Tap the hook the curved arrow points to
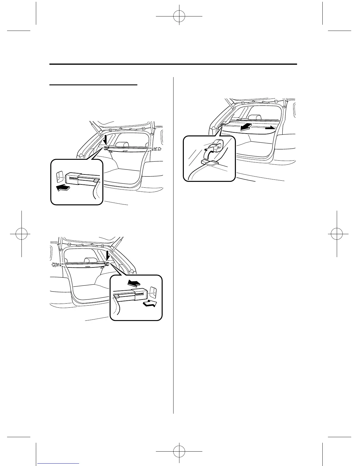(217, 144)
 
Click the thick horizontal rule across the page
(173, 64)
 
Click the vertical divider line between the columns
(174, 244)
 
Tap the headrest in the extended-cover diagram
(254, 118)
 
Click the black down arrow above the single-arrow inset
(106, 139)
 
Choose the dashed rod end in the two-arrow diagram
(58, 264)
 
